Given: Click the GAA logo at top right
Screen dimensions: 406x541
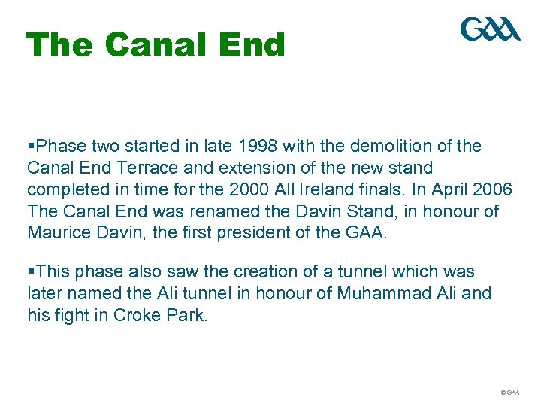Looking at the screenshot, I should [x=490, y=30].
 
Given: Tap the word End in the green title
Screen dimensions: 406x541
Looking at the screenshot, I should [x=253, y=45].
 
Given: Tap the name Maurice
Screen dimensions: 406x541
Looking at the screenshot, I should [x=56, y=232].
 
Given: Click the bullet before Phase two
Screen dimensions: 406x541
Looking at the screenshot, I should [x=30, y=146].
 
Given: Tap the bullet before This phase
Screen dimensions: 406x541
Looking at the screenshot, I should [x=30, y=271].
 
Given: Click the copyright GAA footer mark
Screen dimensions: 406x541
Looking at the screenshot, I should [x=509, y=392].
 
